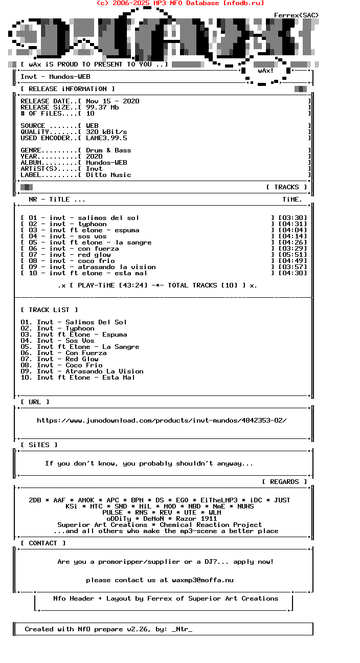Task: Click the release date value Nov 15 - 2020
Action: [112, 101]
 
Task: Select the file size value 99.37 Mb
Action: [102, 107]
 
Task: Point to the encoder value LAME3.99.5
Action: [106, 138]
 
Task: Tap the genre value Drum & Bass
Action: [108, 150]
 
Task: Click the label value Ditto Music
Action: [108, 175]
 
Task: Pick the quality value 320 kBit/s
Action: [106, 132]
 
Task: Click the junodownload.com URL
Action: [162, 421]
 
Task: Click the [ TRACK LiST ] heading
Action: [49, 310]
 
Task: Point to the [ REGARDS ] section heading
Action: [284, 482]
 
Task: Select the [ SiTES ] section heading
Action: [39, 445]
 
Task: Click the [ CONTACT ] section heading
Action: [43, 543]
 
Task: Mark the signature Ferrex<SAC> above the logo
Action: [296, 15]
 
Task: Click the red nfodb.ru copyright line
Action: [180, 3]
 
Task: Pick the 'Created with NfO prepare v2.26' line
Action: [108, 629]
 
